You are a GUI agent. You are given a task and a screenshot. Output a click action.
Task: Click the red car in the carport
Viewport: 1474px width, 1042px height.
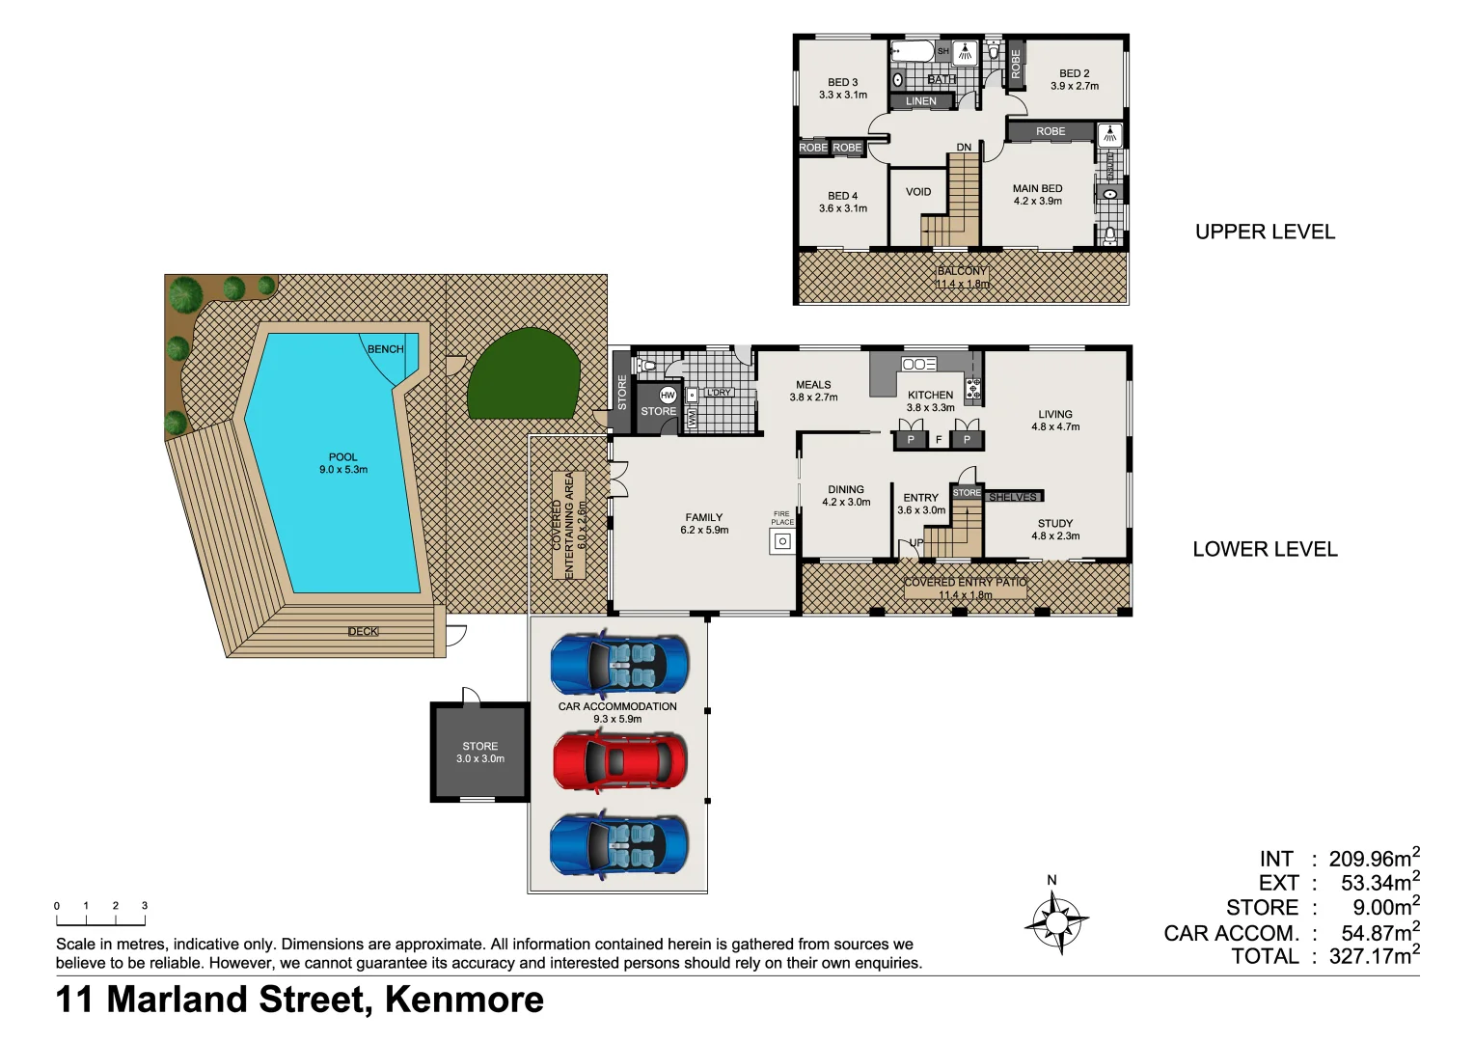pyautogui.click(x=619, y=760)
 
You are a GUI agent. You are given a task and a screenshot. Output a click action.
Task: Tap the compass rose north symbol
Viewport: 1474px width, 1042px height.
pyautogui.click(x=1056, y=921)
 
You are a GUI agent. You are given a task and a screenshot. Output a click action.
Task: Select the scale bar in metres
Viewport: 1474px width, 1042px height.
pyautogui.click(x=100, y=915)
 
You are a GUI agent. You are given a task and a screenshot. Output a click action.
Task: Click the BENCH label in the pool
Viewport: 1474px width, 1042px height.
pyautogui.click(x=385, y=349)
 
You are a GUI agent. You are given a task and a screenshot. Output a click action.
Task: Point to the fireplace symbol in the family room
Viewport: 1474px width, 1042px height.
pyautogui.click(x=782, y=541)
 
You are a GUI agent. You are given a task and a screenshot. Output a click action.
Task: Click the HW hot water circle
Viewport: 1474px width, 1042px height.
pyautogui.click(x=668, y=395)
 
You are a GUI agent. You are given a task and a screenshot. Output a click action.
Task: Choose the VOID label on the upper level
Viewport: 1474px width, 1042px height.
pyautogui.click(x=918, y=192)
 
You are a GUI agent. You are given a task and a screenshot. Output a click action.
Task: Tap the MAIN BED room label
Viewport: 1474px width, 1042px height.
pyautogui.click(x=1037, y=189)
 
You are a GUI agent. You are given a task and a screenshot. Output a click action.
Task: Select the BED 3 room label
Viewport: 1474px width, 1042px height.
pyautogui.click(x=842, y=83)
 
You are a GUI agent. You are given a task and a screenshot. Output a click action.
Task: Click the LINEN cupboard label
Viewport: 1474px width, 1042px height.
pyautogui.click(x=920, y=101)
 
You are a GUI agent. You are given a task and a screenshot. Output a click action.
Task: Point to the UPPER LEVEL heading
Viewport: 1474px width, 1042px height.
pyautogui.click(x=1265, y=233)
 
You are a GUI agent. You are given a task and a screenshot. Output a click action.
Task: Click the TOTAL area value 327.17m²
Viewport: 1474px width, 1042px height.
pyautogui.click(x=1374, y=957)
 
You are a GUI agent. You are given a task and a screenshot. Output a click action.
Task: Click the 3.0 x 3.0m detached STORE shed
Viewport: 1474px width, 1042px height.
pyautogui.click(x=480, y=752)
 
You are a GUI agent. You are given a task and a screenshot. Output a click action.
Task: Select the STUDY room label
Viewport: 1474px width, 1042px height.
pyautogui.click(x=1054, y=524)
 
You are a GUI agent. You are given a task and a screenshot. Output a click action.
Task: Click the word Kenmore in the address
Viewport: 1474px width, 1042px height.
pyautogui.click(x=464, y=1000)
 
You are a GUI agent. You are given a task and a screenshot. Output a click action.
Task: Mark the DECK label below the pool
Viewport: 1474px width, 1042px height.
pyautogui.click(x=363, y=632)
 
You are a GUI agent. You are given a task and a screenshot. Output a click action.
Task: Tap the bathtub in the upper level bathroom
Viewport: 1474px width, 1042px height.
pyautogui.click(x=913, y=51)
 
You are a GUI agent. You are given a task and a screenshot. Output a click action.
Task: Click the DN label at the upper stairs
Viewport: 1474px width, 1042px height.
pyautogui.click(x=964, y=148)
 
